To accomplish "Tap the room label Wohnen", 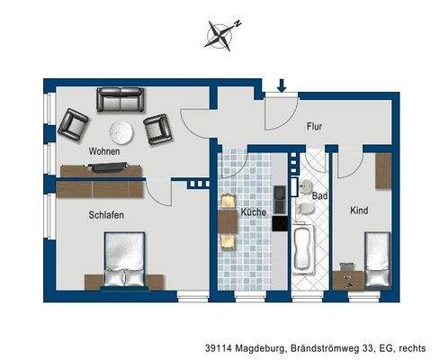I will [103, 152].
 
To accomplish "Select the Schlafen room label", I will [106, 215].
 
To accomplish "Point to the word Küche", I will [251, 213].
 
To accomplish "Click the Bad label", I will [318, 194].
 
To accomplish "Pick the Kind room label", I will [359, 211].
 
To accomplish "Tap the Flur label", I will [314, 127].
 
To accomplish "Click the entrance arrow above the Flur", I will [281, 86].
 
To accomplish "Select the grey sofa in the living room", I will [120, 101].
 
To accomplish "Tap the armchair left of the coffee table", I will [74, 124].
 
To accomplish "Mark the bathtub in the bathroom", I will [301, 249].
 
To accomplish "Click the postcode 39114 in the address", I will [219, 347].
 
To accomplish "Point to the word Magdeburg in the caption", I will [263, 347].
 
